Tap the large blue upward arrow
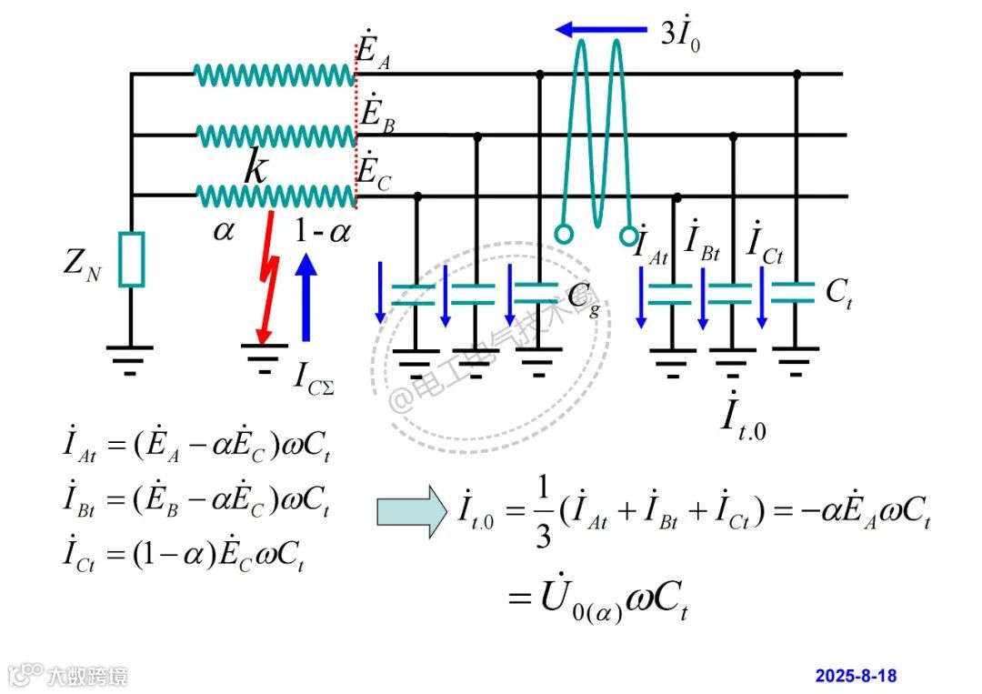[x=306, y=296]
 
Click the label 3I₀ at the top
[x=680, y=35]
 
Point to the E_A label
[x=374, y=49]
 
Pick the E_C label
[x=374, y=173]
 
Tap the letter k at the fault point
[x=256, y=169]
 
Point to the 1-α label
[x=322, y=232]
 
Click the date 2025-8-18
[x=856, y=676]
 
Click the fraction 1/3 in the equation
[x=543, y=516]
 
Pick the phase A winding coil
[x=275, y=75]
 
